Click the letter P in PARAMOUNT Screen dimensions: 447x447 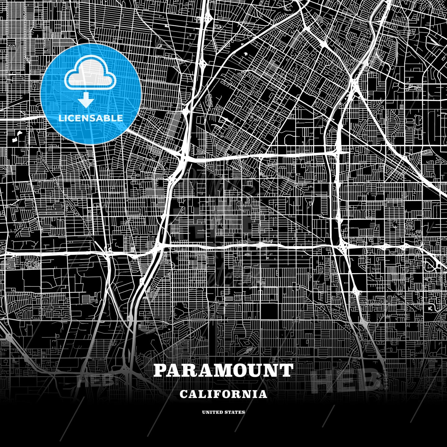click(x=160, y=370)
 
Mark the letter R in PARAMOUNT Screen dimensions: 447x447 click(x=189, y=370)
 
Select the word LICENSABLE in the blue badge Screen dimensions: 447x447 click(x=91, y=118)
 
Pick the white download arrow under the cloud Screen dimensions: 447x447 click(x=86, y=100)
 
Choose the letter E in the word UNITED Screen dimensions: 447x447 click(x=216, y=412)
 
